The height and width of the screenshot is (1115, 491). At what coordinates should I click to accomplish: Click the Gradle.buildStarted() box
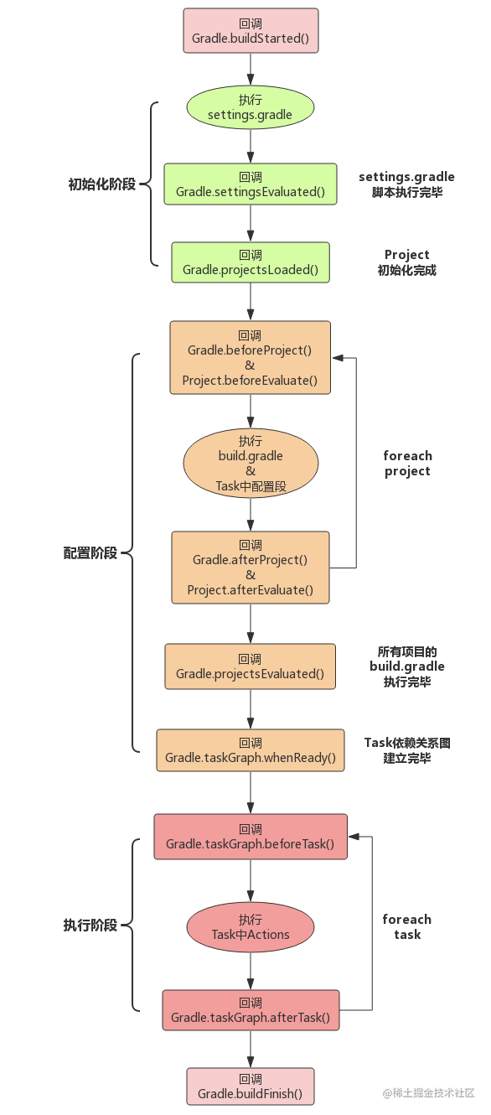tap(251, 31)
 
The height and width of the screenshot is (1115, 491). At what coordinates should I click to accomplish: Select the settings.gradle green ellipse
tap(250, 107)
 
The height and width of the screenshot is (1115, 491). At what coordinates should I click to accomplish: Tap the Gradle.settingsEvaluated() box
tap(250, 184)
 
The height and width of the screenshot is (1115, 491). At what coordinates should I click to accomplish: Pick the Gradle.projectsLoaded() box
tap(250, 262)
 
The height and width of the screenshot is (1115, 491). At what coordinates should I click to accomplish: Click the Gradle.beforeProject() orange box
tap(250, 357)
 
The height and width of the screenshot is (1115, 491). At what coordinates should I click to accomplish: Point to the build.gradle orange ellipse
tap(250, 464)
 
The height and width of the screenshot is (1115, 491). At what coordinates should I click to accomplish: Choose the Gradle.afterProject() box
tap(250, 567)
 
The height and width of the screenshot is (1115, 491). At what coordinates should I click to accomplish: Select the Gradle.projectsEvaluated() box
tap(250, 666)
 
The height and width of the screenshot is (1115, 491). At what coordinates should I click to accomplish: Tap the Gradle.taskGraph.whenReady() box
tap(250, 750)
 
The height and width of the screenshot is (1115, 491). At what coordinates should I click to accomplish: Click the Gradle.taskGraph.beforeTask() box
tap(250, 837)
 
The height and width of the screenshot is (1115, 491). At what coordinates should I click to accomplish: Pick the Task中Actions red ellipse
tap(250, 927)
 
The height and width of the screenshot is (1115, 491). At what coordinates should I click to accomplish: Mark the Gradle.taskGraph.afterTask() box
tap(250, 1010)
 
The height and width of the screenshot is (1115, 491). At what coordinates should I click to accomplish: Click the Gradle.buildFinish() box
tap(250, 1086)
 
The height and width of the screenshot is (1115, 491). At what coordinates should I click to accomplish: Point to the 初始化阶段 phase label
tap(101, 184)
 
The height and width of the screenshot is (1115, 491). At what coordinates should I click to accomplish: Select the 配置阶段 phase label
tap(90, 553)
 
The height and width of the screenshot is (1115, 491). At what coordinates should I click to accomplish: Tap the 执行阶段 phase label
tap(90, 926)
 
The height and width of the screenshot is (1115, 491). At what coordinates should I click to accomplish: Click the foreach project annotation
tap(407, 464)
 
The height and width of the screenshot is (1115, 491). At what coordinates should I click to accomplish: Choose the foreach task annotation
tap(407, 926)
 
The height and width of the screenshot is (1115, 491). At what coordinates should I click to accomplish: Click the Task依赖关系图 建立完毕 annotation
tap(407, 750)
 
